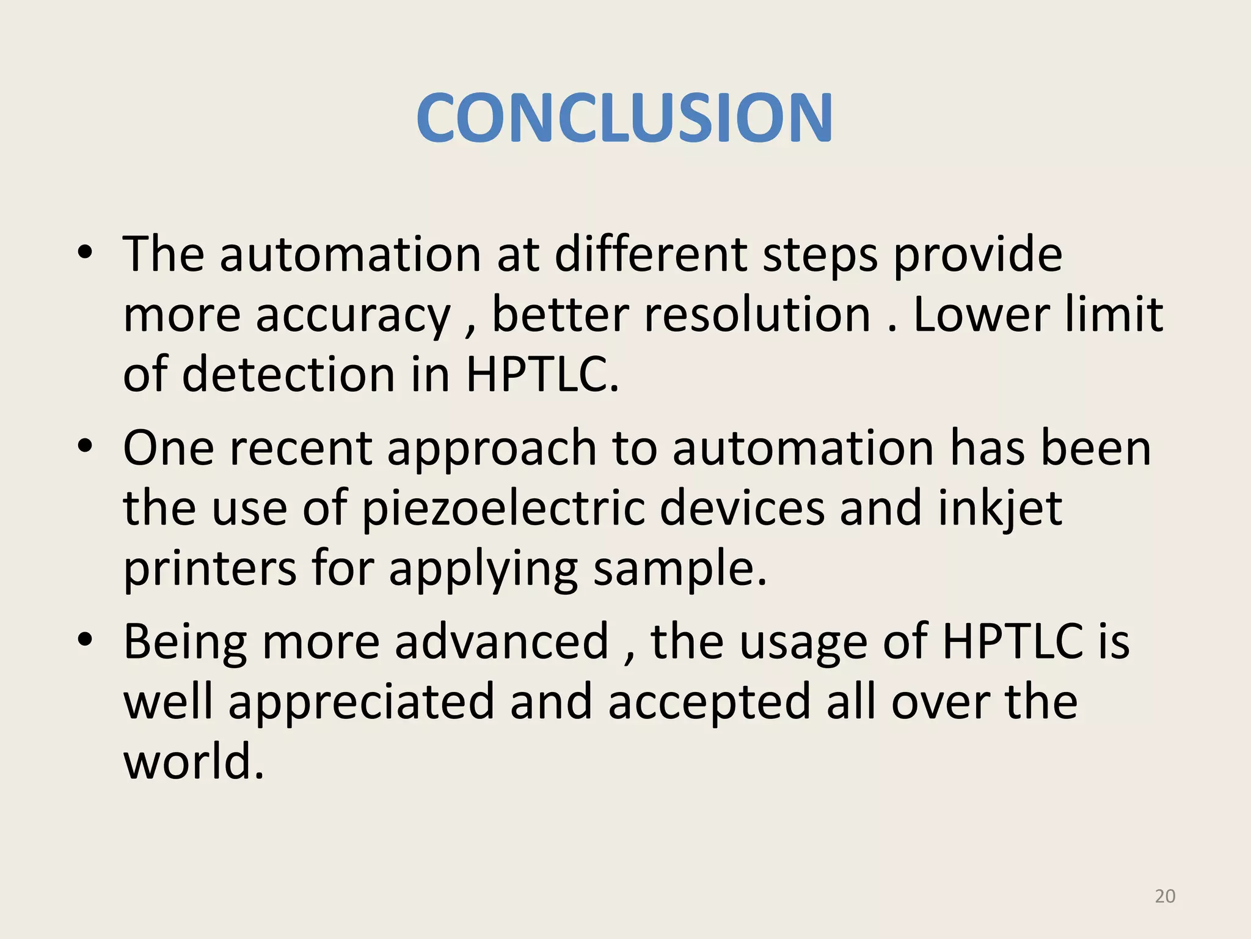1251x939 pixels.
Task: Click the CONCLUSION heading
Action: [x=624, y=117]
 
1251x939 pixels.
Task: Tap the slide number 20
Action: [x=1165, y=896]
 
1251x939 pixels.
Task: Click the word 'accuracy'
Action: [x=353, y=315]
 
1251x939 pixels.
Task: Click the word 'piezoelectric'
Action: [x=503, y=509]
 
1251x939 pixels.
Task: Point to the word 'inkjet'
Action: [x=1000, y=509]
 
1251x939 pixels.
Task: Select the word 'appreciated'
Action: [x=361, y=702]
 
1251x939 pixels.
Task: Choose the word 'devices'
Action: [x=742, y=509]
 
